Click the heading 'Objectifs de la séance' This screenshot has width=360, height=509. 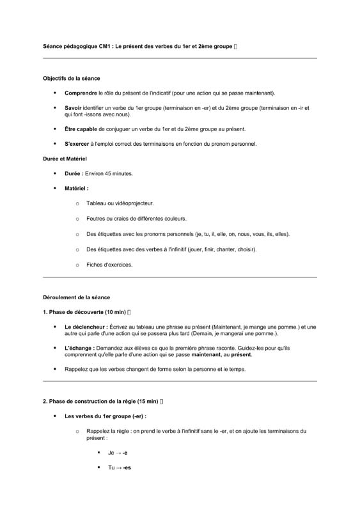click(x=72, y=79)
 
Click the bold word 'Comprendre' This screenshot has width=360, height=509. click(x=80, y=93)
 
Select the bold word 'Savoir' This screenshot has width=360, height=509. click(x=72, y=108)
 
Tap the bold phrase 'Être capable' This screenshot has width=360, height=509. click(x=81, y=129)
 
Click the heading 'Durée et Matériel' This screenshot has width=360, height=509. click(x=65, y=158)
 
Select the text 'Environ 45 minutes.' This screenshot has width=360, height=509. click(x=109, y=173)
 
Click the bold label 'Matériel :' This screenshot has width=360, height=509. click(x=77, y=189)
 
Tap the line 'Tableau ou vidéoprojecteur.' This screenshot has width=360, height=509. click(x=120, y=203)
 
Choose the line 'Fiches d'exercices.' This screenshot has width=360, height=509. click(x=109, y=265)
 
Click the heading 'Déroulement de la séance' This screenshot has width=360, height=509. click(x=76, y=297)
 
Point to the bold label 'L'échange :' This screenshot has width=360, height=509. click(x=79, y=348)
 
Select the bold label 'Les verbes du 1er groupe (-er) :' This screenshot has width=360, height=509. click(x=106, y=416)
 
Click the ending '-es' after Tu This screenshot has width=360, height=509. click(x=127, y=468)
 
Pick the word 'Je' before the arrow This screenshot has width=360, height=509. click(x=111, y=453)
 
